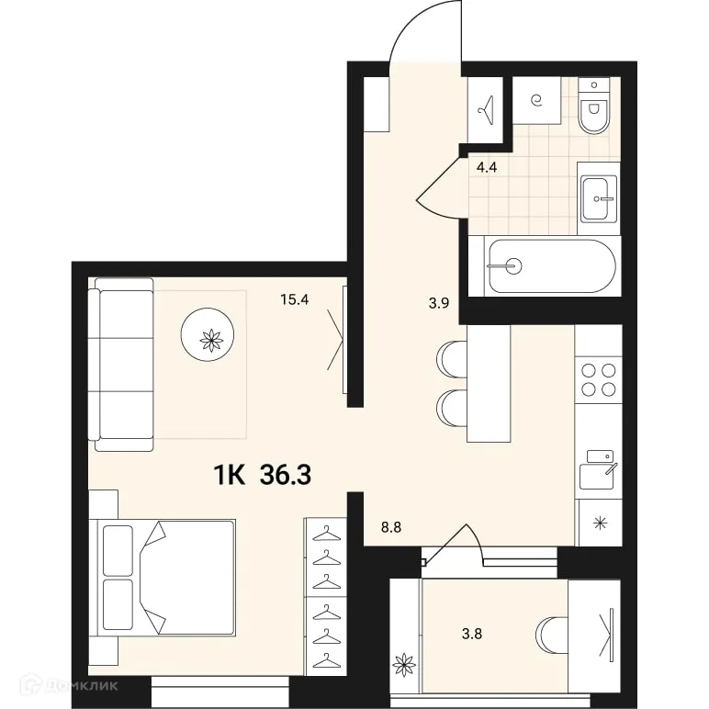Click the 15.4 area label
coord(296,298)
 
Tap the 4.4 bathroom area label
coord(487,167)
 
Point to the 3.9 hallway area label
coord(439,304)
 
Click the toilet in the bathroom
coord(596,108)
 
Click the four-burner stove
coord(598,378)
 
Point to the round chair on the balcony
coord(553,633)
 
